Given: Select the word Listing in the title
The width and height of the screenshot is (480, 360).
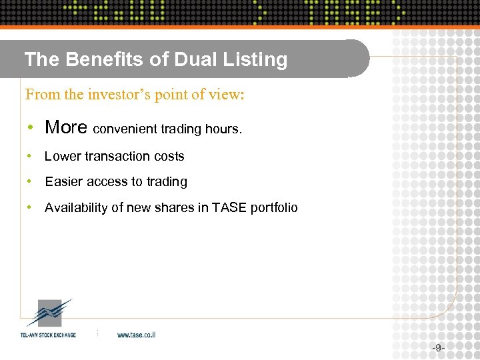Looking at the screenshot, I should click(257, 60).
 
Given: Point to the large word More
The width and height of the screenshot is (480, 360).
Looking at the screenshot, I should click(66, 127).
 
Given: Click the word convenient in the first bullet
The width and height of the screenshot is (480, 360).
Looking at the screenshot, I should click(125, 129).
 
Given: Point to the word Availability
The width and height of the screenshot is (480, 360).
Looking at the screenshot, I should click(76, 208).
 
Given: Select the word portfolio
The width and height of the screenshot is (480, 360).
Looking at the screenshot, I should click(274, 208).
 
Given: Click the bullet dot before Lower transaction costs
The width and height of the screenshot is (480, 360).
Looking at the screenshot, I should click(29, 157).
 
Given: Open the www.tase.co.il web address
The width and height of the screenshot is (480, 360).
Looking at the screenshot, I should click(136, 335).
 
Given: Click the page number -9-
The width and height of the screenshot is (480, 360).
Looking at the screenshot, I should click(438, 347).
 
